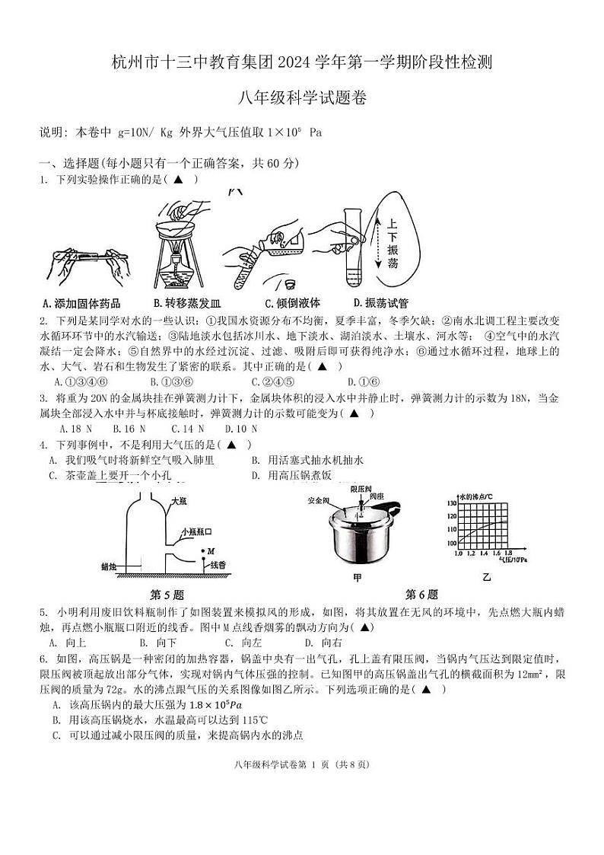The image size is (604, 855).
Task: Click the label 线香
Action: coord(218,564)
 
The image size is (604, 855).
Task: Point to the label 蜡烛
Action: coord(110,566)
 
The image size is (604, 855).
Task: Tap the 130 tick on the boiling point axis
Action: coord(450,504)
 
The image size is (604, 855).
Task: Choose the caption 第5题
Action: coord(167,595)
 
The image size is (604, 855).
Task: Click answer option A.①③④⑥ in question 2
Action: coord(81,381)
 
